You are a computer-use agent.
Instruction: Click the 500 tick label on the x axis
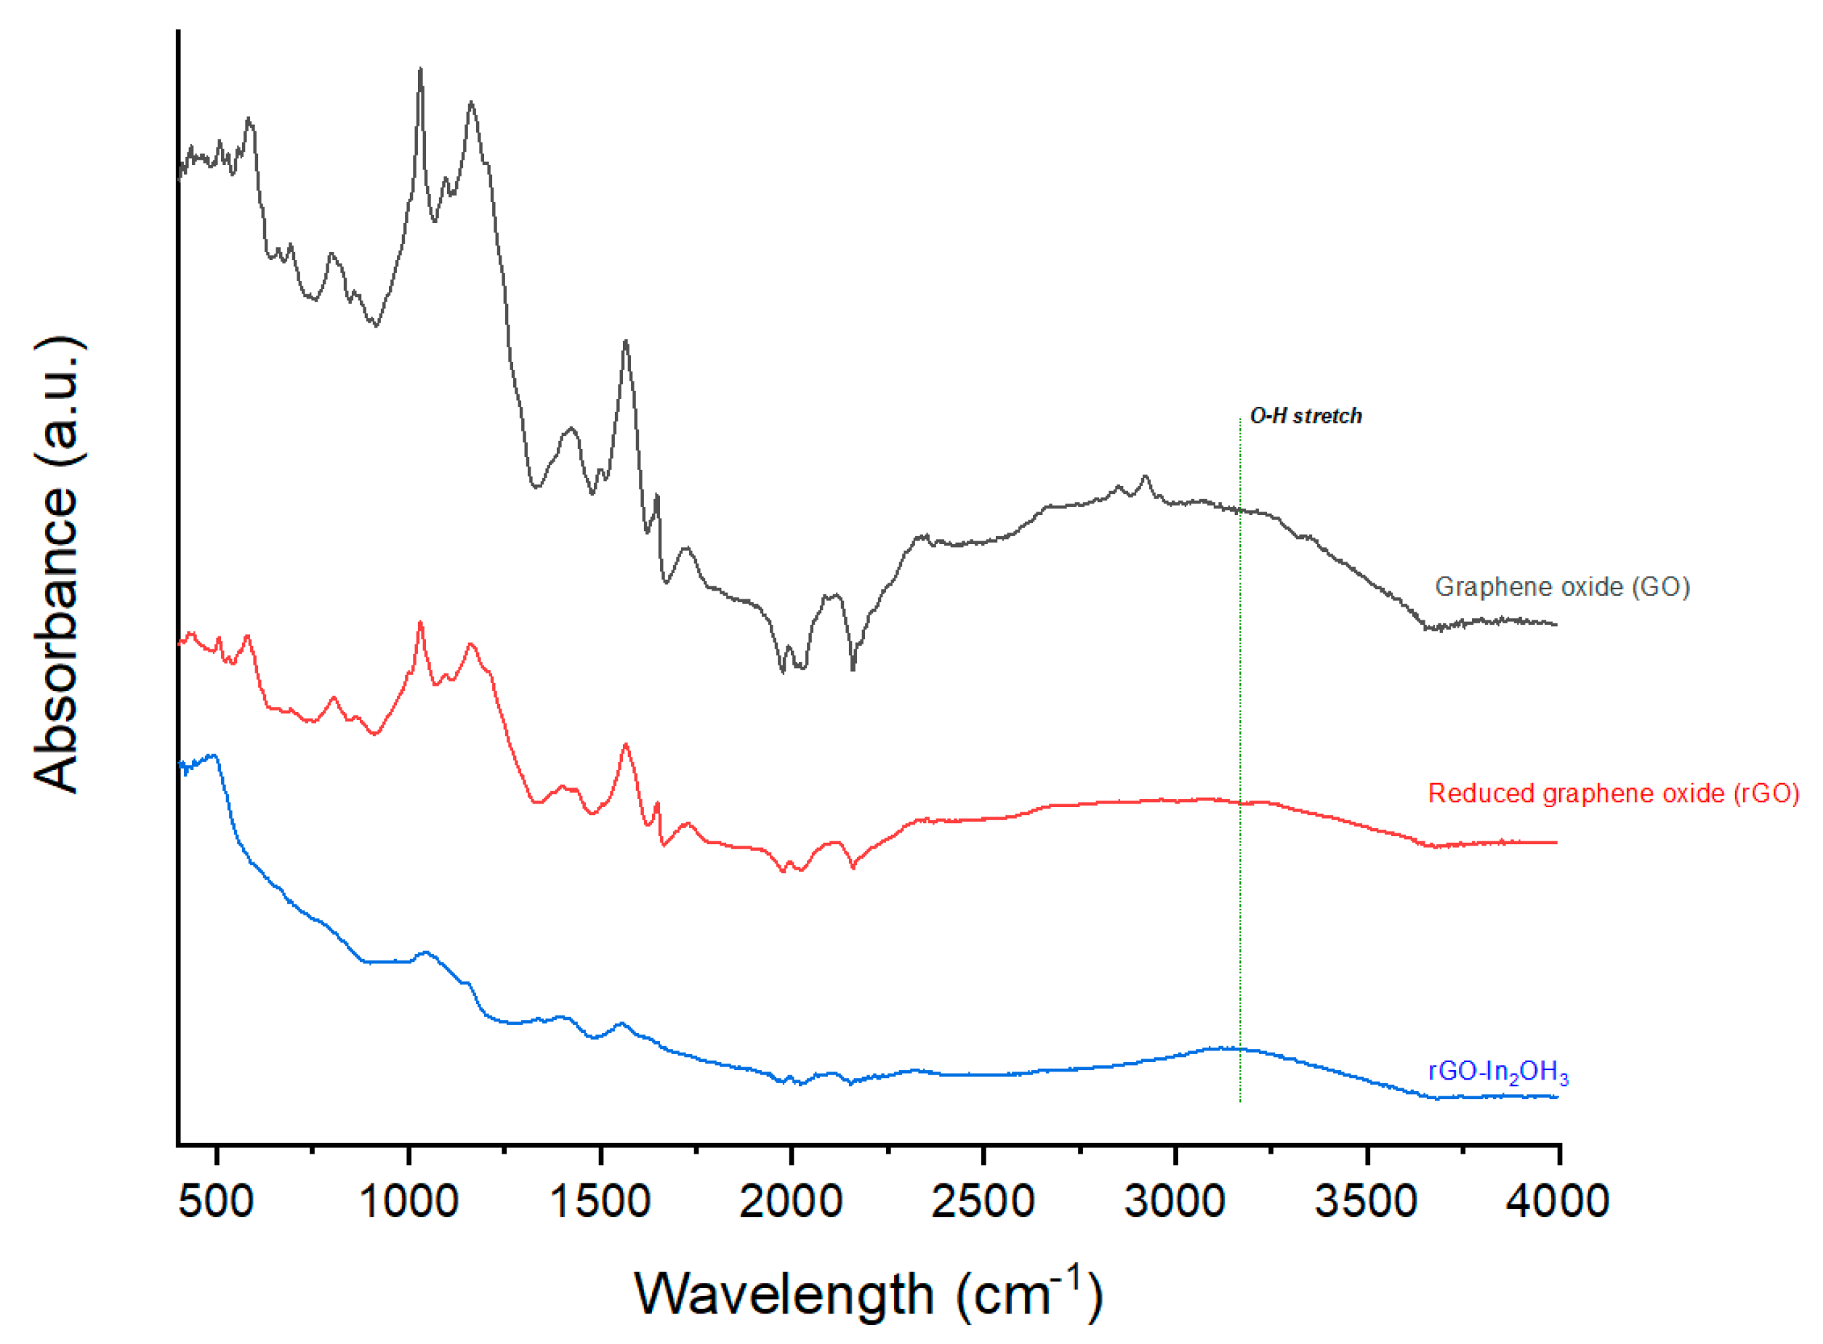point(216,1202)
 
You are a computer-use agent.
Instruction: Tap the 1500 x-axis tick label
point(600,1202)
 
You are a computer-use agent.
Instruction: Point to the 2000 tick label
point(791,1202)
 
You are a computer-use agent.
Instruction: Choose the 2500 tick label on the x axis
point(983,1202)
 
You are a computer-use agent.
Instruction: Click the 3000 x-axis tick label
point(1175,1202)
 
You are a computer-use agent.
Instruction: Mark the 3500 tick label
point(1367,1202)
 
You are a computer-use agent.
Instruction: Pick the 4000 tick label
point(1558,1202)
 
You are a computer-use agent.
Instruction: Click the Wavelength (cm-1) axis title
point(869,1294)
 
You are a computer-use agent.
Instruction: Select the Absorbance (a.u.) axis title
point(57,564)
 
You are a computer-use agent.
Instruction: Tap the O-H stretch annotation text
point(1305,416)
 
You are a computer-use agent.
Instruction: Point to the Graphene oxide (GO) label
point(1562,586)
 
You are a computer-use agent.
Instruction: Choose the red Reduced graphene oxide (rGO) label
point(1613,793)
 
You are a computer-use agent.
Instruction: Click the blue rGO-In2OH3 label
point(1498,1072)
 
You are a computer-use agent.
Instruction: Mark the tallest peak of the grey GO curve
point(420,70)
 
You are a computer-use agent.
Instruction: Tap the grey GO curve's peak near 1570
point(626,341)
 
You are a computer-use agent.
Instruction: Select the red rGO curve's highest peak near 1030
point(420,623)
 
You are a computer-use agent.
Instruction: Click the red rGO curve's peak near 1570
point(626,745)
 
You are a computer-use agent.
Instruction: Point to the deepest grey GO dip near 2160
point(853,669)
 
